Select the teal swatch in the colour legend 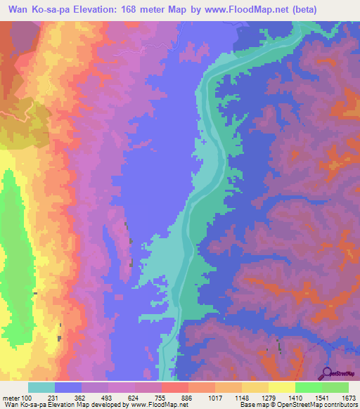(41, 387)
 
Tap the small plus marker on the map (204, 143)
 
